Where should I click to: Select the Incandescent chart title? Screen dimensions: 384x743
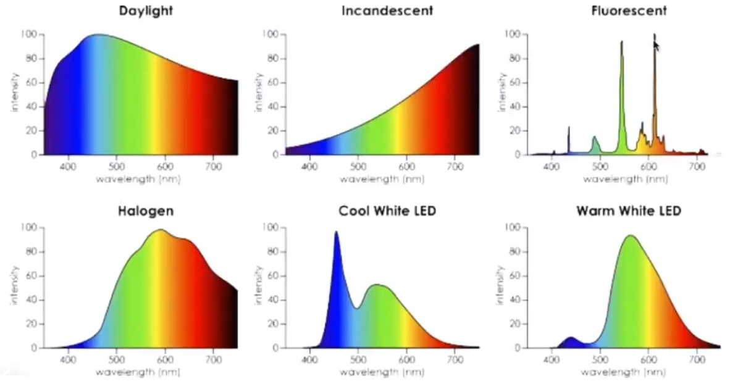(387, 10)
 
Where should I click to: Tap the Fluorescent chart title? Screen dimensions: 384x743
(629, 10)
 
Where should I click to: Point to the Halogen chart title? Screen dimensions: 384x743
(145, 211)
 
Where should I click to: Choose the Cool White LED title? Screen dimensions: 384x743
(387, 211)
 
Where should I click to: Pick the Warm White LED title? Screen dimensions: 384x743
(629, 211)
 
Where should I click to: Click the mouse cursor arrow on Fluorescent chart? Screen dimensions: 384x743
(656, 44)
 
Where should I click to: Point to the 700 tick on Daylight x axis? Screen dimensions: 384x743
(213, 166)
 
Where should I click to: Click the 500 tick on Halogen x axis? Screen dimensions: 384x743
(116, 359)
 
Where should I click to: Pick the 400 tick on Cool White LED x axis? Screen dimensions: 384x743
(309, 359)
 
